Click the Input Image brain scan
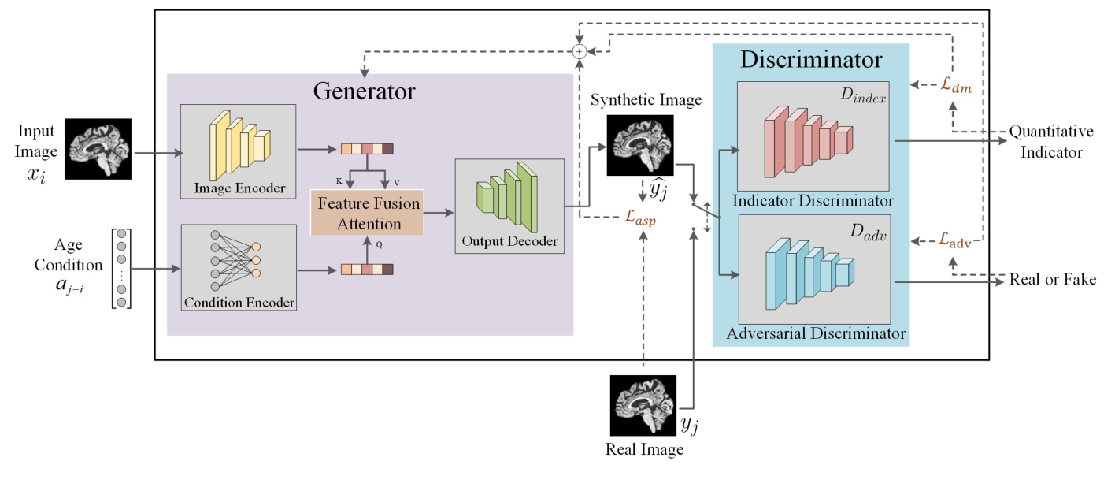98,147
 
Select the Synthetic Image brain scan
639,145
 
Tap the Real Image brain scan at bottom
643,405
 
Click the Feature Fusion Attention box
368,213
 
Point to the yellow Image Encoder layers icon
237,143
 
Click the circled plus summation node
579,51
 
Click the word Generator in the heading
364,91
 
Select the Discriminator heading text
810,60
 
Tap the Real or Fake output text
1052,280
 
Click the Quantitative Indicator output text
1051,141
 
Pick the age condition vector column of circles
120,269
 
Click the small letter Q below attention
379,244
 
